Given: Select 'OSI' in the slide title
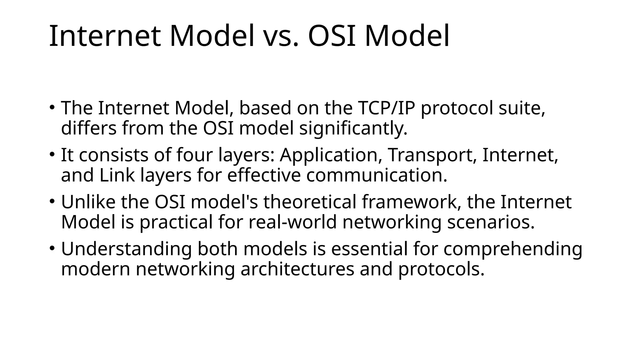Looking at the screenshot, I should (332, 36).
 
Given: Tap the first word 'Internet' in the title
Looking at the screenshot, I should (105, 36).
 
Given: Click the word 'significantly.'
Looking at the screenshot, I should (353, 128).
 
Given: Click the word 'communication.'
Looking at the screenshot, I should (377, 175).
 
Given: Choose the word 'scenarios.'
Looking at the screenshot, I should (491, 222).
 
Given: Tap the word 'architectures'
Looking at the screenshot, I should (297, 269).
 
